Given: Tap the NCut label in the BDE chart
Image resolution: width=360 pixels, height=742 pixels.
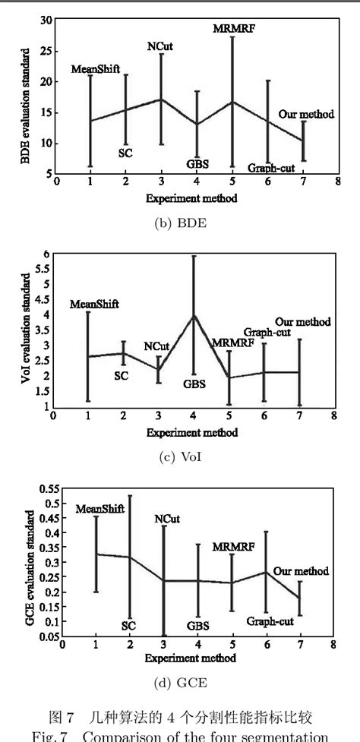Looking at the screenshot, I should [x=159, y=46].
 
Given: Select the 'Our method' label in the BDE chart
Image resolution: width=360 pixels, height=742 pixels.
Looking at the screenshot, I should [x=305, y=114].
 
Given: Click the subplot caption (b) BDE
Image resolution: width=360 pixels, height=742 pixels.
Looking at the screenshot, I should [x=180, y=222].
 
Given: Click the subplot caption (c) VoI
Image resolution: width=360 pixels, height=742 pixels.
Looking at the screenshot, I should [x=180, y=456].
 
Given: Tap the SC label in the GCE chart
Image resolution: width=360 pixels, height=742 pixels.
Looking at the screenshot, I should [x=128, y=626].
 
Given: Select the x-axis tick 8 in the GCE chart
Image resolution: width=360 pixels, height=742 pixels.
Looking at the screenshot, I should [x=333, y=644].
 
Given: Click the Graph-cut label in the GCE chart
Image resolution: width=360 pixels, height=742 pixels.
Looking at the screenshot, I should [x=269, y=620].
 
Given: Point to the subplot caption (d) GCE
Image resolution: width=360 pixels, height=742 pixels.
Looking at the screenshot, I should [x=180, y=684].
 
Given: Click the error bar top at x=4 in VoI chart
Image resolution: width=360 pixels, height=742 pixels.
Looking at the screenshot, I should [x=193, y=256].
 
